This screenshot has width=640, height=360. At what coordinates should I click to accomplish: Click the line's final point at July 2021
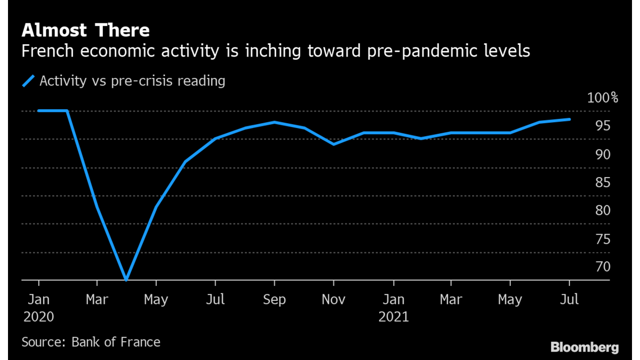[x=570, y=119]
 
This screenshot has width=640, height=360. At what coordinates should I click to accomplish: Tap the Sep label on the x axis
[x=274, y=300]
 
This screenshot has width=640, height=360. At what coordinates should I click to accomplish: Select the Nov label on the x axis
[x=334, y=300]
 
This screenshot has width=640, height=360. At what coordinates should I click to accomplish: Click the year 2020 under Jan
[x=38, y=317]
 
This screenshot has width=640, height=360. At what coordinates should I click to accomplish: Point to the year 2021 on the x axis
[x=394, y=317]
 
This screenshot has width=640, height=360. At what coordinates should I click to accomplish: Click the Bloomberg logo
[x=585, y=347]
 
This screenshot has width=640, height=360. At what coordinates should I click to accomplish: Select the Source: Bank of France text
[x=91, y=341]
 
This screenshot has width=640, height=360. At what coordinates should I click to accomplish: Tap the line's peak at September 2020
[x=274, y=122]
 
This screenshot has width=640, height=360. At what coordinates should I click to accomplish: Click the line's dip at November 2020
[x=334, y=144]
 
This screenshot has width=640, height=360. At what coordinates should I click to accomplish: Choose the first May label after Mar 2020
[x=156, y=300]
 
